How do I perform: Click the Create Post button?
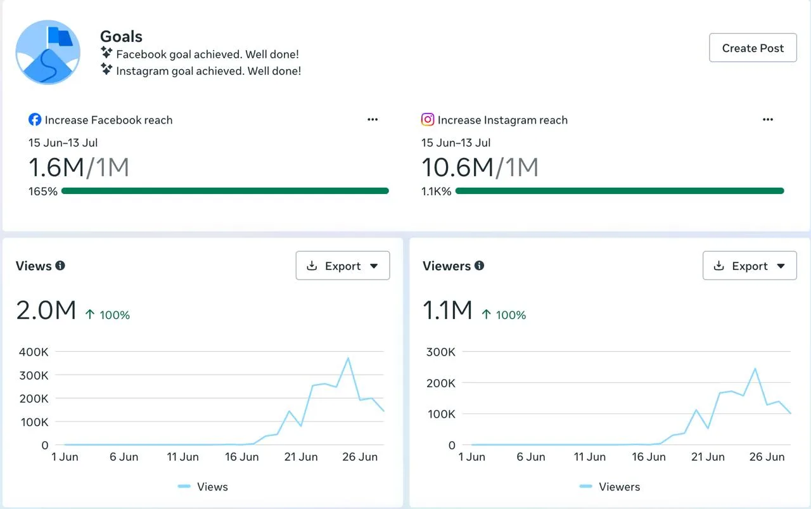[753, 48]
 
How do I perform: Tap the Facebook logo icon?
[35, 120]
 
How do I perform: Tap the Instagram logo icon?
[428, 120]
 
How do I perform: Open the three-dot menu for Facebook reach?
[373, 120]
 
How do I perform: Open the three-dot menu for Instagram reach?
[768, 120]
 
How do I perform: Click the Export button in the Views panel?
[343, 266]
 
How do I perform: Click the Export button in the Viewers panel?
[750, 266]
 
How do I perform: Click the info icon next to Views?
[60, 266]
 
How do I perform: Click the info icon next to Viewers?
[480, 266]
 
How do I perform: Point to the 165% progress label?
[43, 191]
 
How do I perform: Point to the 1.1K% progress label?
[437, 191]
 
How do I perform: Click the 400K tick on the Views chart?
[34, 352]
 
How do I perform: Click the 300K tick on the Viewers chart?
[440, 352]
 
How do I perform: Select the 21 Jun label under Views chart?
[301, 457]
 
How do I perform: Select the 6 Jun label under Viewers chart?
[531, 457]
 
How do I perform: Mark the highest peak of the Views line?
[348, 358]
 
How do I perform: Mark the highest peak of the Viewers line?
[755, 369]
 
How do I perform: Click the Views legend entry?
[203, 487]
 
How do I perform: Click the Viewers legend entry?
[610, 487]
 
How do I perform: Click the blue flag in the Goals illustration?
[60, 37]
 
